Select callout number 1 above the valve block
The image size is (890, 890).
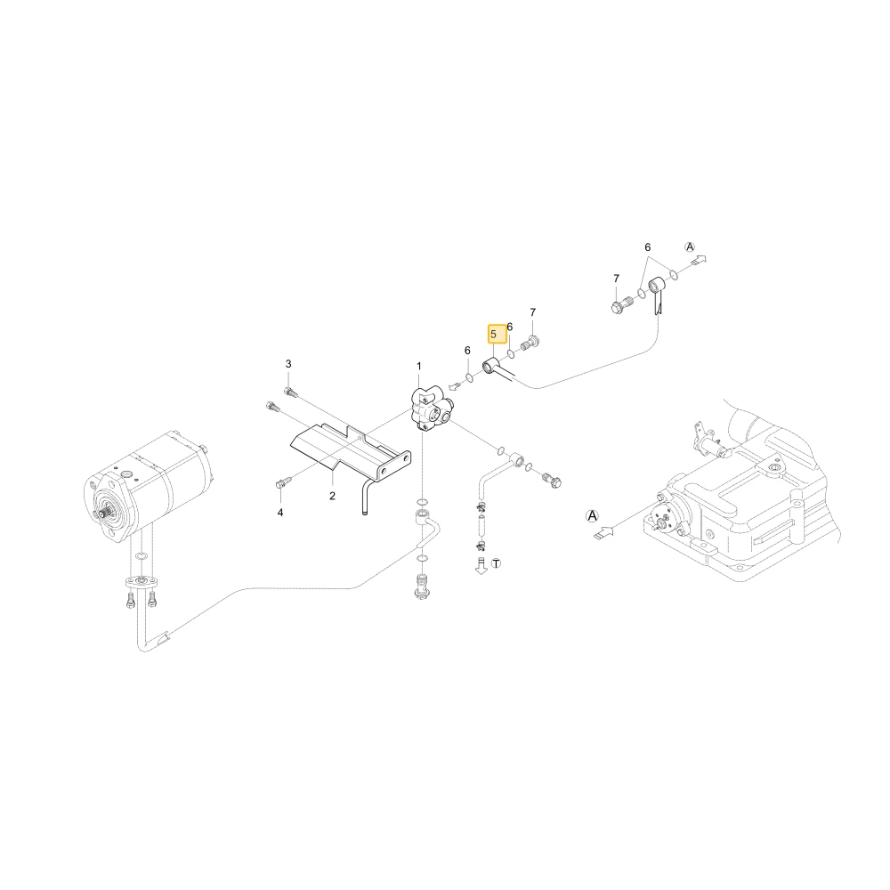point(419,366)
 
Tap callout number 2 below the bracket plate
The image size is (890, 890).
point(333,496)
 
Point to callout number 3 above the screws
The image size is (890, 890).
point(288,364)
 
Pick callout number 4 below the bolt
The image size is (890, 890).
point(279,514)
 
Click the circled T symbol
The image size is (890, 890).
point(497,563)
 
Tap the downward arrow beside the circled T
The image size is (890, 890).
point(481,566)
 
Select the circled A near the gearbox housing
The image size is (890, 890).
point(592,516)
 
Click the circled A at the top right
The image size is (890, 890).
point(690,247)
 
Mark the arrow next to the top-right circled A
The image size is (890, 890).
point(699,260)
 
